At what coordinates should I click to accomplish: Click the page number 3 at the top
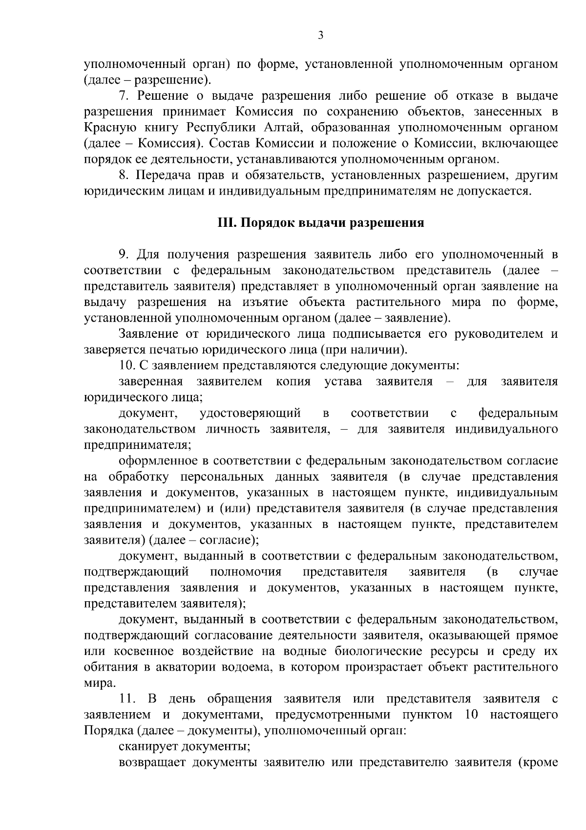tap(320, 35)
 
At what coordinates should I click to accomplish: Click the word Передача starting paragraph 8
tap(161, 175)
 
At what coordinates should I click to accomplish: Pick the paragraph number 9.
tap(124, 255)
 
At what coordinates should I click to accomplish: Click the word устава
tap(343, 382)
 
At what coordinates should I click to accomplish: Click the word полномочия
tap(246, 572)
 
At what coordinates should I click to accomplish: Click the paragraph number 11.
tap(126, 699)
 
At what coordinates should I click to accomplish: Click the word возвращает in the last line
tap(153, 763)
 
